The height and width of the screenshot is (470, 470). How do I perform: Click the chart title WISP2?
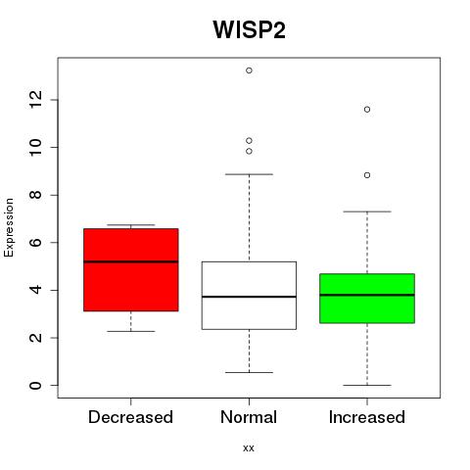click(x=250, y=29)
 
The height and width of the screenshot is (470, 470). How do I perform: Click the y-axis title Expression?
click(x=9, y=227)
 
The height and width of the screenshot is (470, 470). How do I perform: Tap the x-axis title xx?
click(x=249, y=447)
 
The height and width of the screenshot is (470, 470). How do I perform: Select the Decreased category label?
click(x=130, y=417)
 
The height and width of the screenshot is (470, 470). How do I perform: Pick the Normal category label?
click(x=249, y=417)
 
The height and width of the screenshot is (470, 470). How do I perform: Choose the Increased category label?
click(x=367, y=417)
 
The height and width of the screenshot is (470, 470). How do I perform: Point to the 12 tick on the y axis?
click(x=35, y=100)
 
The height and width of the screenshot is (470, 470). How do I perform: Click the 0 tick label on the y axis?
click(x=35, y=385)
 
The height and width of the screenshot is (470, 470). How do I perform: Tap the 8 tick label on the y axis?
click(x=35, y=195)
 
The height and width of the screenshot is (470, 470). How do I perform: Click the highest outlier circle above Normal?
click(x=249, y=70)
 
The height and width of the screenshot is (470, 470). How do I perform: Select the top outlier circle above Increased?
click(x=367, y=110)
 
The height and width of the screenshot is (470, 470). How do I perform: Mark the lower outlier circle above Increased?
click(x=367, y=175)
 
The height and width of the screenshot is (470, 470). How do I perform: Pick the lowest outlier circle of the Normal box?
click(x=249, y=151)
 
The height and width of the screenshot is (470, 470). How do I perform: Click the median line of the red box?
click(x=131, y=261)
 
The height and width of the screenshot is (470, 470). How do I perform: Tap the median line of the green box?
click(x=367, y=295)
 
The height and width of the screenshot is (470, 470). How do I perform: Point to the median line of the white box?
click(x=249, y=297)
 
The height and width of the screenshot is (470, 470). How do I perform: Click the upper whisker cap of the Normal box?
click(x=249, y=174)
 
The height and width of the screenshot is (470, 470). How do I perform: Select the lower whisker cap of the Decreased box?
click(x=131, y=331)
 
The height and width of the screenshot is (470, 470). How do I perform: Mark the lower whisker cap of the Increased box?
click(x=367, y=385)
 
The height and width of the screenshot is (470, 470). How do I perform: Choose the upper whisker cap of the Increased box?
click(x=367, y=211)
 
